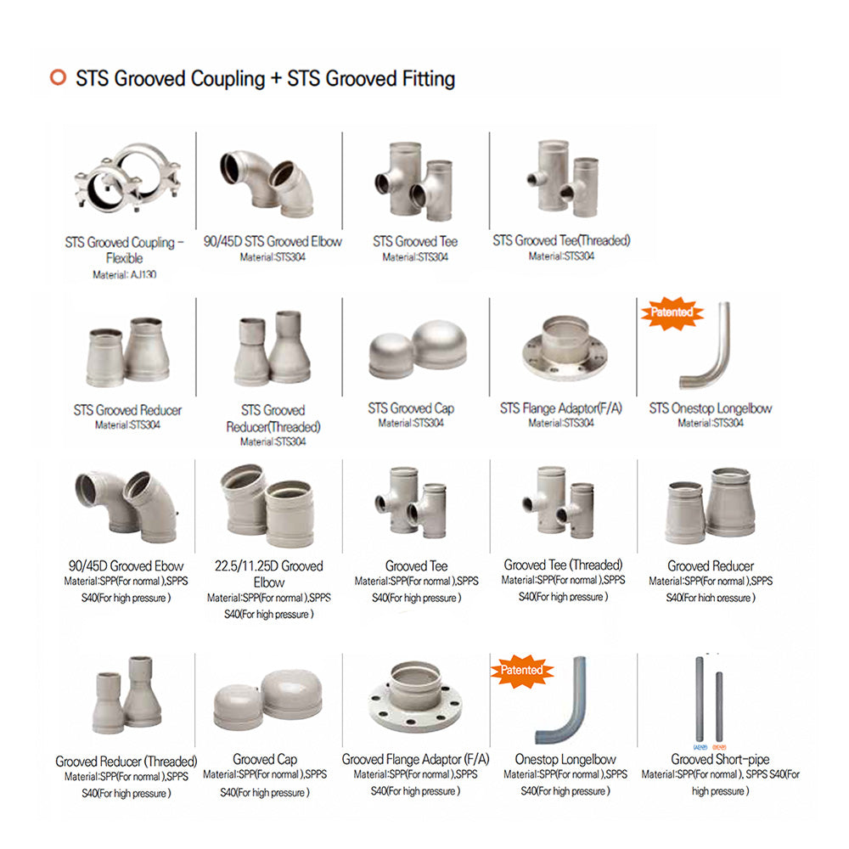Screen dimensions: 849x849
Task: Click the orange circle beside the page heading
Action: pyautogui.click(x=58, y=78)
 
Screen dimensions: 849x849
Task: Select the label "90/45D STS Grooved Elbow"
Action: pyautogui.click(x=273, y=242)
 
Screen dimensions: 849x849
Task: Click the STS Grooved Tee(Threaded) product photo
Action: pyautogui.click(x=559, y=177)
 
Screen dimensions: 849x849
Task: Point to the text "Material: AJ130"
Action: pyautogui.click(x=124, y=275)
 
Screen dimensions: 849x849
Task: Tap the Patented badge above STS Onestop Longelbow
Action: pyautogui.click(x=672, y=312)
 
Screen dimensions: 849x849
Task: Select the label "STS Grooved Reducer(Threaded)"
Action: pyautogui.click(x=273, y=419)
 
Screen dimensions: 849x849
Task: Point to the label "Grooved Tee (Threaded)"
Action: pyautogui.click(x=563, y=565)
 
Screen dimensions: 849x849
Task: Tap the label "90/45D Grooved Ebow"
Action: pyautogui.click(x=126, y=565)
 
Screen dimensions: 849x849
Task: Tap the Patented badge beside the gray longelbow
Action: pyautogui.click(x=522, y=671)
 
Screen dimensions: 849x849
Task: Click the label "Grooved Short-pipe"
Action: pyautogui.click(x=720, y=759)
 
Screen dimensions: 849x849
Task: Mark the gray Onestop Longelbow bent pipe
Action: pyautogui.click(x=565, y=700)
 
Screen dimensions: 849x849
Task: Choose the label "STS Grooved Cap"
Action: pyautogui.click(x=411, y=408)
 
